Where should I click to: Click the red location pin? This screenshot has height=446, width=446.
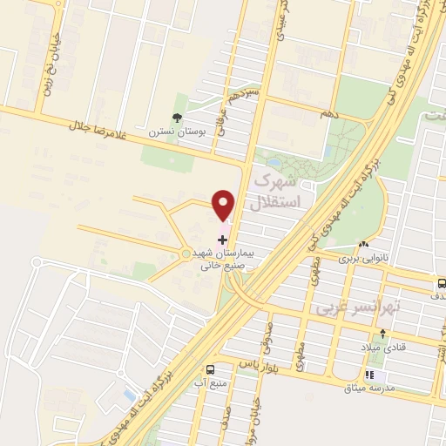click(x=224, y=206)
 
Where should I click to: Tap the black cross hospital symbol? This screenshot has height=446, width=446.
click(x=223, y=238)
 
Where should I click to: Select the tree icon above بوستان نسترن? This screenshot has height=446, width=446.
click(x=179, y=118)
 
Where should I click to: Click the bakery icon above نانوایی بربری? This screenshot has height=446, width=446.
click(x=363, y=245)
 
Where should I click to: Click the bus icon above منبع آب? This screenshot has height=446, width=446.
click(x=210, y=370)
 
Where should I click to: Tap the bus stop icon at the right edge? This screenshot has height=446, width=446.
click(x=442, y=282)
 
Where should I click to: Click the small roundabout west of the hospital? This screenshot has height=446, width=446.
click(x=185, y=253)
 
